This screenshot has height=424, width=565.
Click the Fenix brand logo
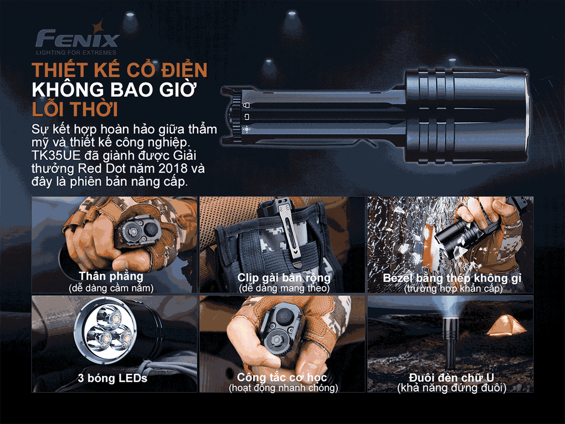coord(77,38)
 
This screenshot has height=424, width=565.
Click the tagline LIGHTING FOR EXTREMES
coord(76,53)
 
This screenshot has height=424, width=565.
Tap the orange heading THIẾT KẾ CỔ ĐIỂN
coord(120,70)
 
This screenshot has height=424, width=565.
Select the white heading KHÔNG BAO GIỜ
coord(114,90)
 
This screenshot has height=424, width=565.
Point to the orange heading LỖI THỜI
coord(75,109)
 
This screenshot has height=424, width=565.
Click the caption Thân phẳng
coord(111,276)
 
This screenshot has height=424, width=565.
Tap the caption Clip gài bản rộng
coord(284,278)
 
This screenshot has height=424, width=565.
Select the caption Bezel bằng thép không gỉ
coord(452,278)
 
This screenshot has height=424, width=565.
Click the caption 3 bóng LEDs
coord(112,378)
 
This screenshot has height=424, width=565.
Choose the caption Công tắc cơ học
coord(282,377)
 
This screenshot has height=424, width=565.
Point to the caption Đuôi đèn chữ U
coord(452,377)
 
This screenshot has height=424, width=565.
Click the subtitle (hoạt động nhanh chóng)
coord(283,387)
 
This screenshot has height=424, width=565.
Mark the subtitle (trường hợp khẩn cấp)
coord(453,288)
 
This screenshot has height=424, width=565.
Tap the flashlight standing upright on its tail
coord(449,344)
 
